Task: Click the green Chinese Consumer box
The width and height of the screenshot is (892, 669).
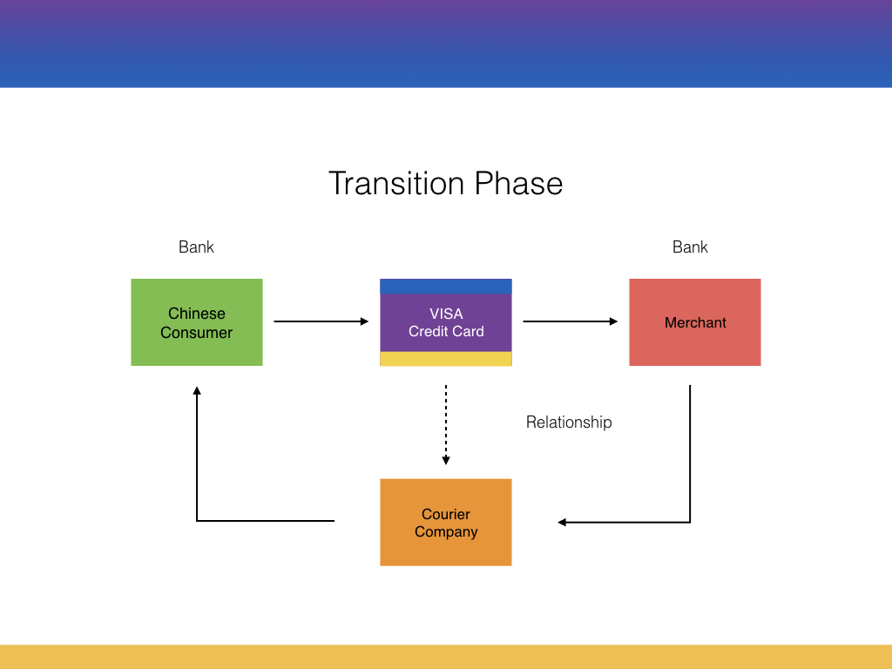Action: [197, 322]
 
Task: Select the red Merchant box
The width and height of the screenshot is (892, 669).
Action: [694, 322]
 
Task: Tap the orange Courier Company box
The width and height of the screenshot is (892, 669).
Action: [446, 523]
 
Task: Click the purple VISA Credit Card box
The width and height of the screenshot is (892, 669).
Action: [446, 322]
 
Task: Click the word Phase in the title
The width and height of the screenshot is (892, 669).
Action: [519, 183]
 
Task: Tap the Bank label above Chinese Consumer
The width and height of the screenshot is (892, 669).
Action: [196, 247]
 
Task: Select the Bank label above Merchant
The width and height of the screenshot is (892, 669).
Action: [690, 247]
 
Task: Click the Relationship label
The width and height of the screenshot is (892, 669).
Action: [569, 422]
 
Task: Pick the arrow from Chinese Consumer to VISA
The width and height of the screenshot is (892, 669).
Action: [321, 321]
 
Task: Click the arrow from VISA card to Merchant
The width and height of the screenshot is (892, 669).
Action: [571, 321]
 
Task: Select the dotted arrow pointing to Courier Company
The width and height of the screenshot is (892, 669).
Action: [446, 425]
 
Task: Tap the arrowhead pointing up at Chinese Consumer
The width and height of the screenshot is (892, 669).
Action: [197, 390]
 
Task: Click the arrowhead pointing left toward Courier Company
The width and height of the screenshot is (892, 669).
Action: [562, 523]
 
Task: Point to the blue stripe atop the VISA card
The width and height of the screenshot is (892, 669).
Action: [446, 286]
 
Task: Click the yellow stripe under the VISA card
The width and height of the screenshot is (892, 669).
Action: [446, 358]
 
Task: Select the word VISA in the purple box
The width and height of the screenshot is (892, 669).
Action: [446, 314]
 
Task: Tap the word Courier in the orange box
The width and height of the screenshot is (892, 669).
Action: [446, 514]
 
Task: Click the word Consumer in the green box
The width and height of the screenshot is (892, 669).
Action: [196, 332]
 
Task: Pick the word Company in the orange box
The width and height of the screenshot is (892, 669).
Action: [446, 532]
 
